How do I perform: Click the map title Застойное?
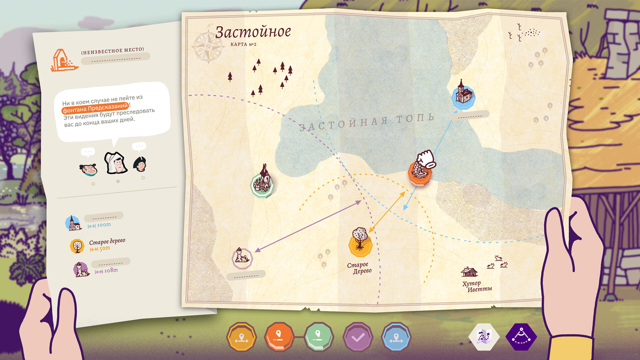[x=253, y=32]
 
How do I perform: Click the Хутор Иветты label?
[x=477, y=286]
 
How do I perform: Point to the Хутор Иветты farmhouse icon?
[x=469, y=272]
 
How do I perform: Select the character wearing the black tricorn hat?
[x=140, y=163]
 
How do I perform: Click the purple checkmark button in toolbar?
[x=358, y=337]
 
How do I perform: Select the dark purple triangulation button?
[x=521, y=337]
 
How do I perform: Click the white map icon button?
[x=484, y=337]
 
